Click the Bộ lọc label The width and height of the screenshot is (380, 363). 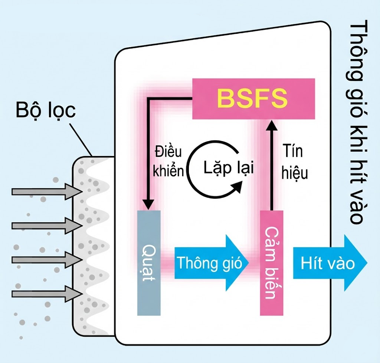[x=46, y=111]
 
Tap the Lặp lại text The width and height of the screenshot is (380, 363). [x=228, y=168]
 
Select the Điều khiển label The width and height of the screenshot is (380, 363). [x=168, y=162]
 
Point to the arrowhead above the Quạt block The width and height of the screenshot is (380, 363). [x=148, y=204]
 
